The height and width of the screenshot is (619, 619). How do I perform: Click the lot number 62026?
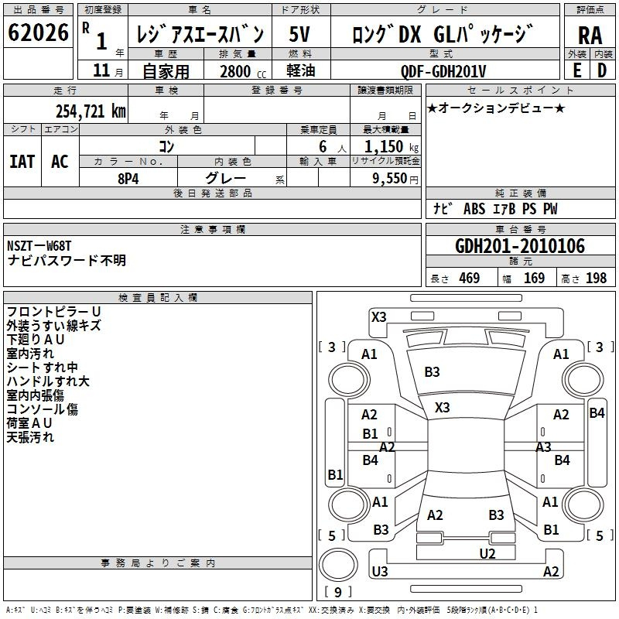tap(38, 32)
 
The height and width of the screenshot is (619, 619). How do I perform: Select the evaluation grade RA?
tap(590, 36)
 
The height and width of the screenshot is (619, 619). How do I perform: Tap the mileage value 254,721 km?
tap(91, 111)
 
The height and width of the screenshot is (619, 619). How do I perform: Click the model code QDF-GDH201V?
tap(443, 71)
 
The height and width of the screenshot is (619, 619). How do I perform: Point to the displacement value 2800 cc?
tap(243, 71)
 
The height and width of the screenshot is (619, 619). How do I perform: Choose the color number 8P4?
tap(128, 179)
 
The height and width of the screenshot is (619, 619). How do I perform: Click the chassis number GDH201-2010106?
tap(520, 246)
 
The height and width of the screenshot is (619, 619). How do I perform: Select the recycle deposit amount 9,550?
tap(390, 179)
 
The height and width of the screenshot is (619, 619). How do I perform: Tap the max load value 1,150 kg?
tap(392, 147)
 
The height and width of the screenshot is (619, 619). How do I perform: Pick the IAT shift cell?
tap(22, 162)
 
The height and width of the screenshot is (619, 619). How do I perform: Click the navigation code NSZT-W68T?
tap(39, 246)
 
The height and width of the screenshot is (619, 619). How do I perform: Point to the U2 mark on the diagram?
tap(487, 554)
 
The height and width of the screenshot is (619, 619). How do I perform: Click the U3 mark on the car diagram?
tap(380, 571)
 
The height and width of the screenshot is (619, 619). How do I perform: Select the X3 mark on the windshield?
tap(442, 408)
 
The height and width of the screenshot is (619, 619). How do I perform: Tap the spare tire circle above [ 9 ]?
tap(338, 564)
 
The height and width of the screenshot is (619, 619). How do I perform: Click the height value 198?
tap(596, 279)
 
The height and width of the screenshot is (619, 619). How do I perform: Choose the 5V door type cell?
tap(299, 34)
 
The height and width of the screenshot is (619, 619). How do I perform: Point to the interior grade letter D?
tap(602, 70)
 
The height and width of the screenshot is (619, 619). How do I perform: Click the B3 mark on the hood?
tap(432, 372)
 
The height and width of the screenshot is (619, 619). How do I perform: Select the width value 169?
tap(534, 279)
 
